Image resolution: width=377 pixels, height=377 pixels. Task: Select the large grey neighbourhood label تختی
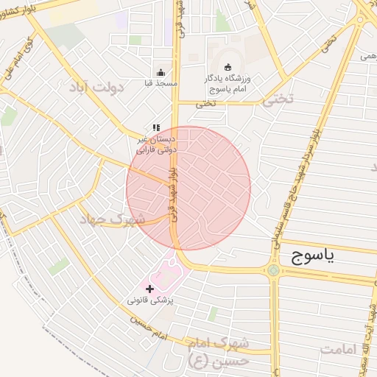(x=278, y=102)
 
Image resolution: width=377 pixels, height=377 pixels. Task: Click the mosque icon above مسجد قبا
(x=161, y=73)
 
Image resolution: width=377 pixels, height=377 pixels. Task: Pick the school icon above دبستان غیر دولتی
(x=156, y=128)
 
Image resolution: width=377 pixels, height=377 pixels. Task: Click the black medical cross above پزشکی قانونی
(x=150, y=289)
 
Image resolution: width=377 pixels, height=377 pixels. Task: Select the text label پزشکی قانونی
(x=150, y=300)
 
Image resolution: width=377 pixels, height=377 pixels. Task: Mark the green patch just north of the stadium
(x=222, y=22)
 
